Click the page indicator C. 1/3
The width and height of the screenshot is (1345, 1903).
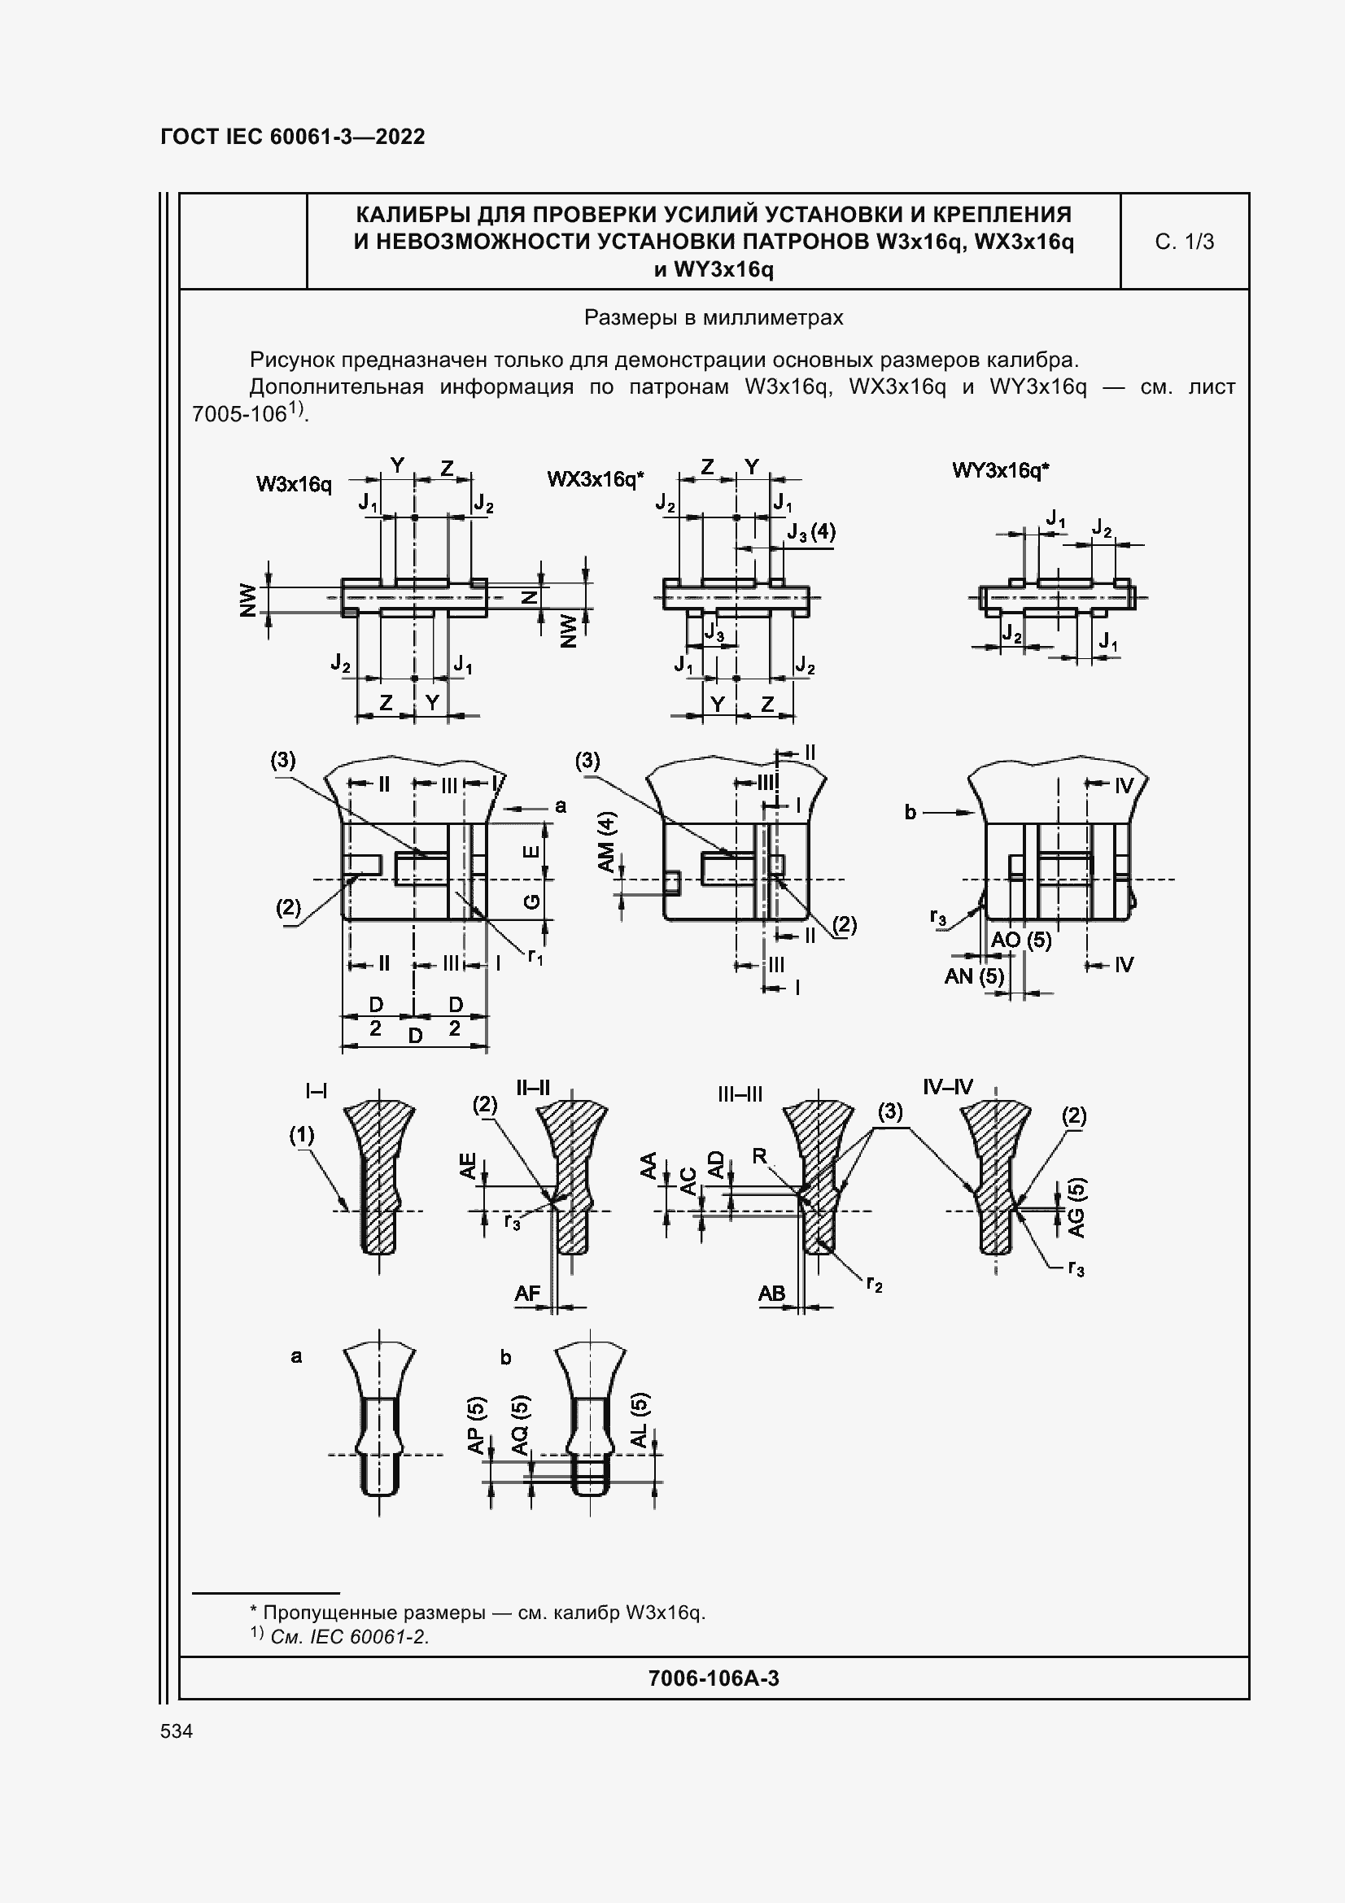pyautogui.click(x=1183, y=242)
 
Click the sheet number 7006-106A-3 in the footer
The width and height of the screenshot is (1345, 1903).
pyautogui.click(x=714, y=1678)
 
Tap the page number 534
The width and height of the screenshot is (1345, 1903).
pyautogui.click(x=177, y=1731)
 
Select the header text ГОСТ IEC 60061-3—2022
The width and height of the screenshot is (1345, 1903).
pyautogui.click(x=293, y=137)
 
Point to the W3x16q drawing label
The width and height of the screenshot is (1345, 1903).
pyautogui.click(x=294, y=484)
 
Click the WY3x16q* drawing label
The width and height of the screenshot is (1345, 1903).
pyautogui.click(x=1000, y=471)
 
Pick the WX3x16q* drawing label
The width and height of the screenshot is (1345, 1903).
pyautogui.click(x=595, y=479)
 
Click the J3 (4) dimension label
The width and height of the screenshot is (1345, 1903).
pyautogui.click(x=811, y=531)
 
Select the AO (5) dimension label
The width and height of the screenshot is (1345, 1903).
pyautogui.click(x=1021, y=940)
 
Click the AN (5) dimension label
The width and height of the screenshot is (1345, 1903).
pyautogui.click(x=974, y=976)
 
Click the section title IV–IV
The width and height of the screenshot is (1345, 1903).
pyautogui.click(x=947, y=1087)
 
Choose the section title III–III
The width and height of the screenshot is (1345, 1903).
pyautogui.click(x=740, y=1095)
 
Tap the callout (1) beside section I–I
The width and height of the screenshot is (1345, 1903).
pyautogui.click(x=302, y=1135)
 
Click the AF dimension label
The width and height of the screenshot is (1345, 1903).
pyautogui.click(x=527, y=1293)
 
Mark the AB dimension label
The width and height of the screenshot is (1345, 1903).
pyautogui.click(x=771, y=1293)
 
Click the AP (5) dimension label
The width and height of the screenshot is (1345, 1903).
pyautogui.click(x=477, y=1425)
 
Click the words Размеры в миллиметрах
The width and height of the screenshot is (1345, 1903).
pyautogui.click(x=714, y=317)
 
